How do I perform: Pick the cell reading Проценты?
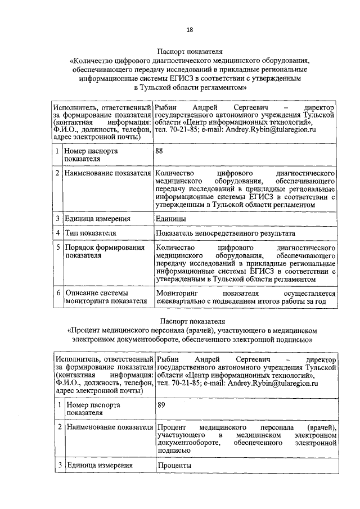174,465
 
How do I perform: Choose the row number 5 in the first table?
57,247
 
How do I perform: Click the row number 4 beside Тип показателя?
57,233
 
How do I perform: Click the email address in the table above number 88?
271,129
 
